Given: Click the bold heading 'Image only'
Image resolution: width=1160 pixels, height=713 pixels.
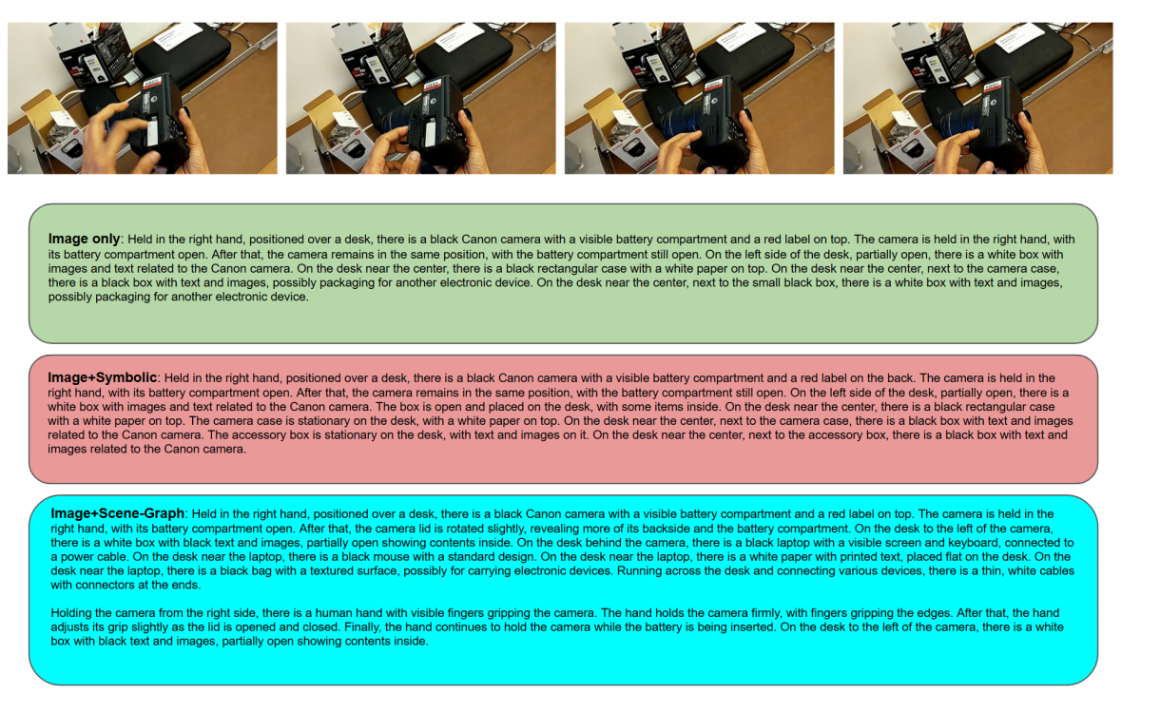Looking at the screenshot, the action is (x=84, y=239).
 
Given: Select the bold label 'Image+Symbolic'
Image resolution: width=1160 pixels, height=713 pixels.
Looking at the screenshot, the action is (x=102, y=377).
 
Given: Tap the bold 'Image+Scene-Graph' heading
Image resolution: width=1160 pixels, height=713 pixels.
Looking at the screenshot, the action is (x=118, y=513).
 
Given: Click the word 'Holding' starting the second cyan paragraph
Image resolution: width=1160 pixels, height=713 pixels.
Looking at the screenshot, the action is (x=70, y=613).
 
